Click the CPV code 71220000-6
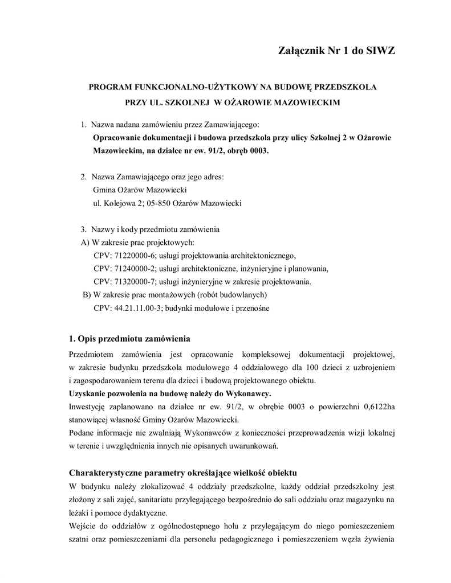point(130,256)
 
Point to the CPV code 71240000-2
point(130,269)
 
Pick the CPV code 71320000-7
point(130,282)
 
